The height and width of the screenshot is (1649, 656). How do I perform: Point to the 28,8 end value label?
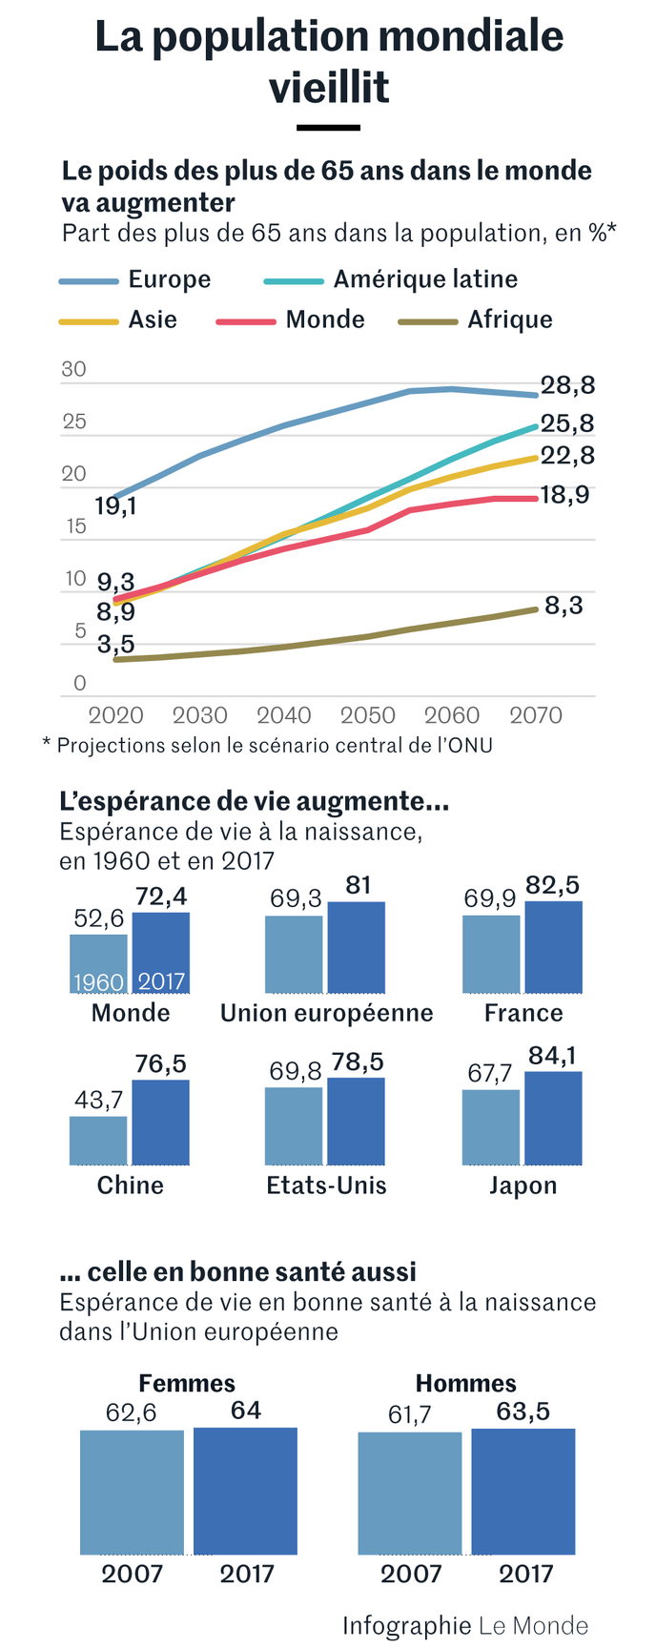567,385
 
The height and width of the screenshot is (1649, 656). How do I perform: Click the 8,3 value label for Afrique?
564,606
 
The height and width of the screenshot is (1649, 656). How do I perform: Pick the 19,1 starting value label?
115,506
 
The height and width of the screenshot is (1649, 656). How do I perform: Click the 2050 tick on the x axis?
368,715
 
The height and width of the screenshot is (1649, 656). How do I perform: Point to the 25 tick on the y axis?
73,422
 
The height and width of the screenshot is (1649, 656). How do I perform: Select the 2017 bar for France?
553,947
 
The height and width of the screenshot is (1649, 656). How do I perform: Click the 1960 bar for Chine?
98,1140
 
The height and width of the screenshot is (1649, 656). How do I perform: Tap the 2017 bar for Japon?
553,1118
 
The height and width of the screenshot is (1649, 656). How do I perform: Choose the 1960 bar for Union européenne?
294,955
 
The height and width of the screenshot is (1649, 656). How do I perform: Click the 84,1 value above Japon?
552,1056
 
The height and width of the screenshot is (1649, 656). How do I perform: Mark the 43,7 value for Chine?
99,1100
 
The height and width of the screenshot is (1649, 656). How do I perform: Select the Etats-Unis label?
327,1185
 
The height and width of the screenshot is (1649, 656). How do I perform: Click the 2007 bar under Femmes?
132,1493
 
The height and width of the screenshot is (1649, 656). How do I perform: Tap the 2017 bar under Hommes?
523,1492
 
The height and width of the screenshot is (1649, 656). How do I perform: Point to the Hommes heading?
465,1383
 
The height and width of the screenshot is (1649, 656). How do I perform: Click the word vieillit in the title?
329,88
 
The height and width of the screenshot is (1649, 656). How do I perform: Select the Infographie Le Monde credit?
465,1625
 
